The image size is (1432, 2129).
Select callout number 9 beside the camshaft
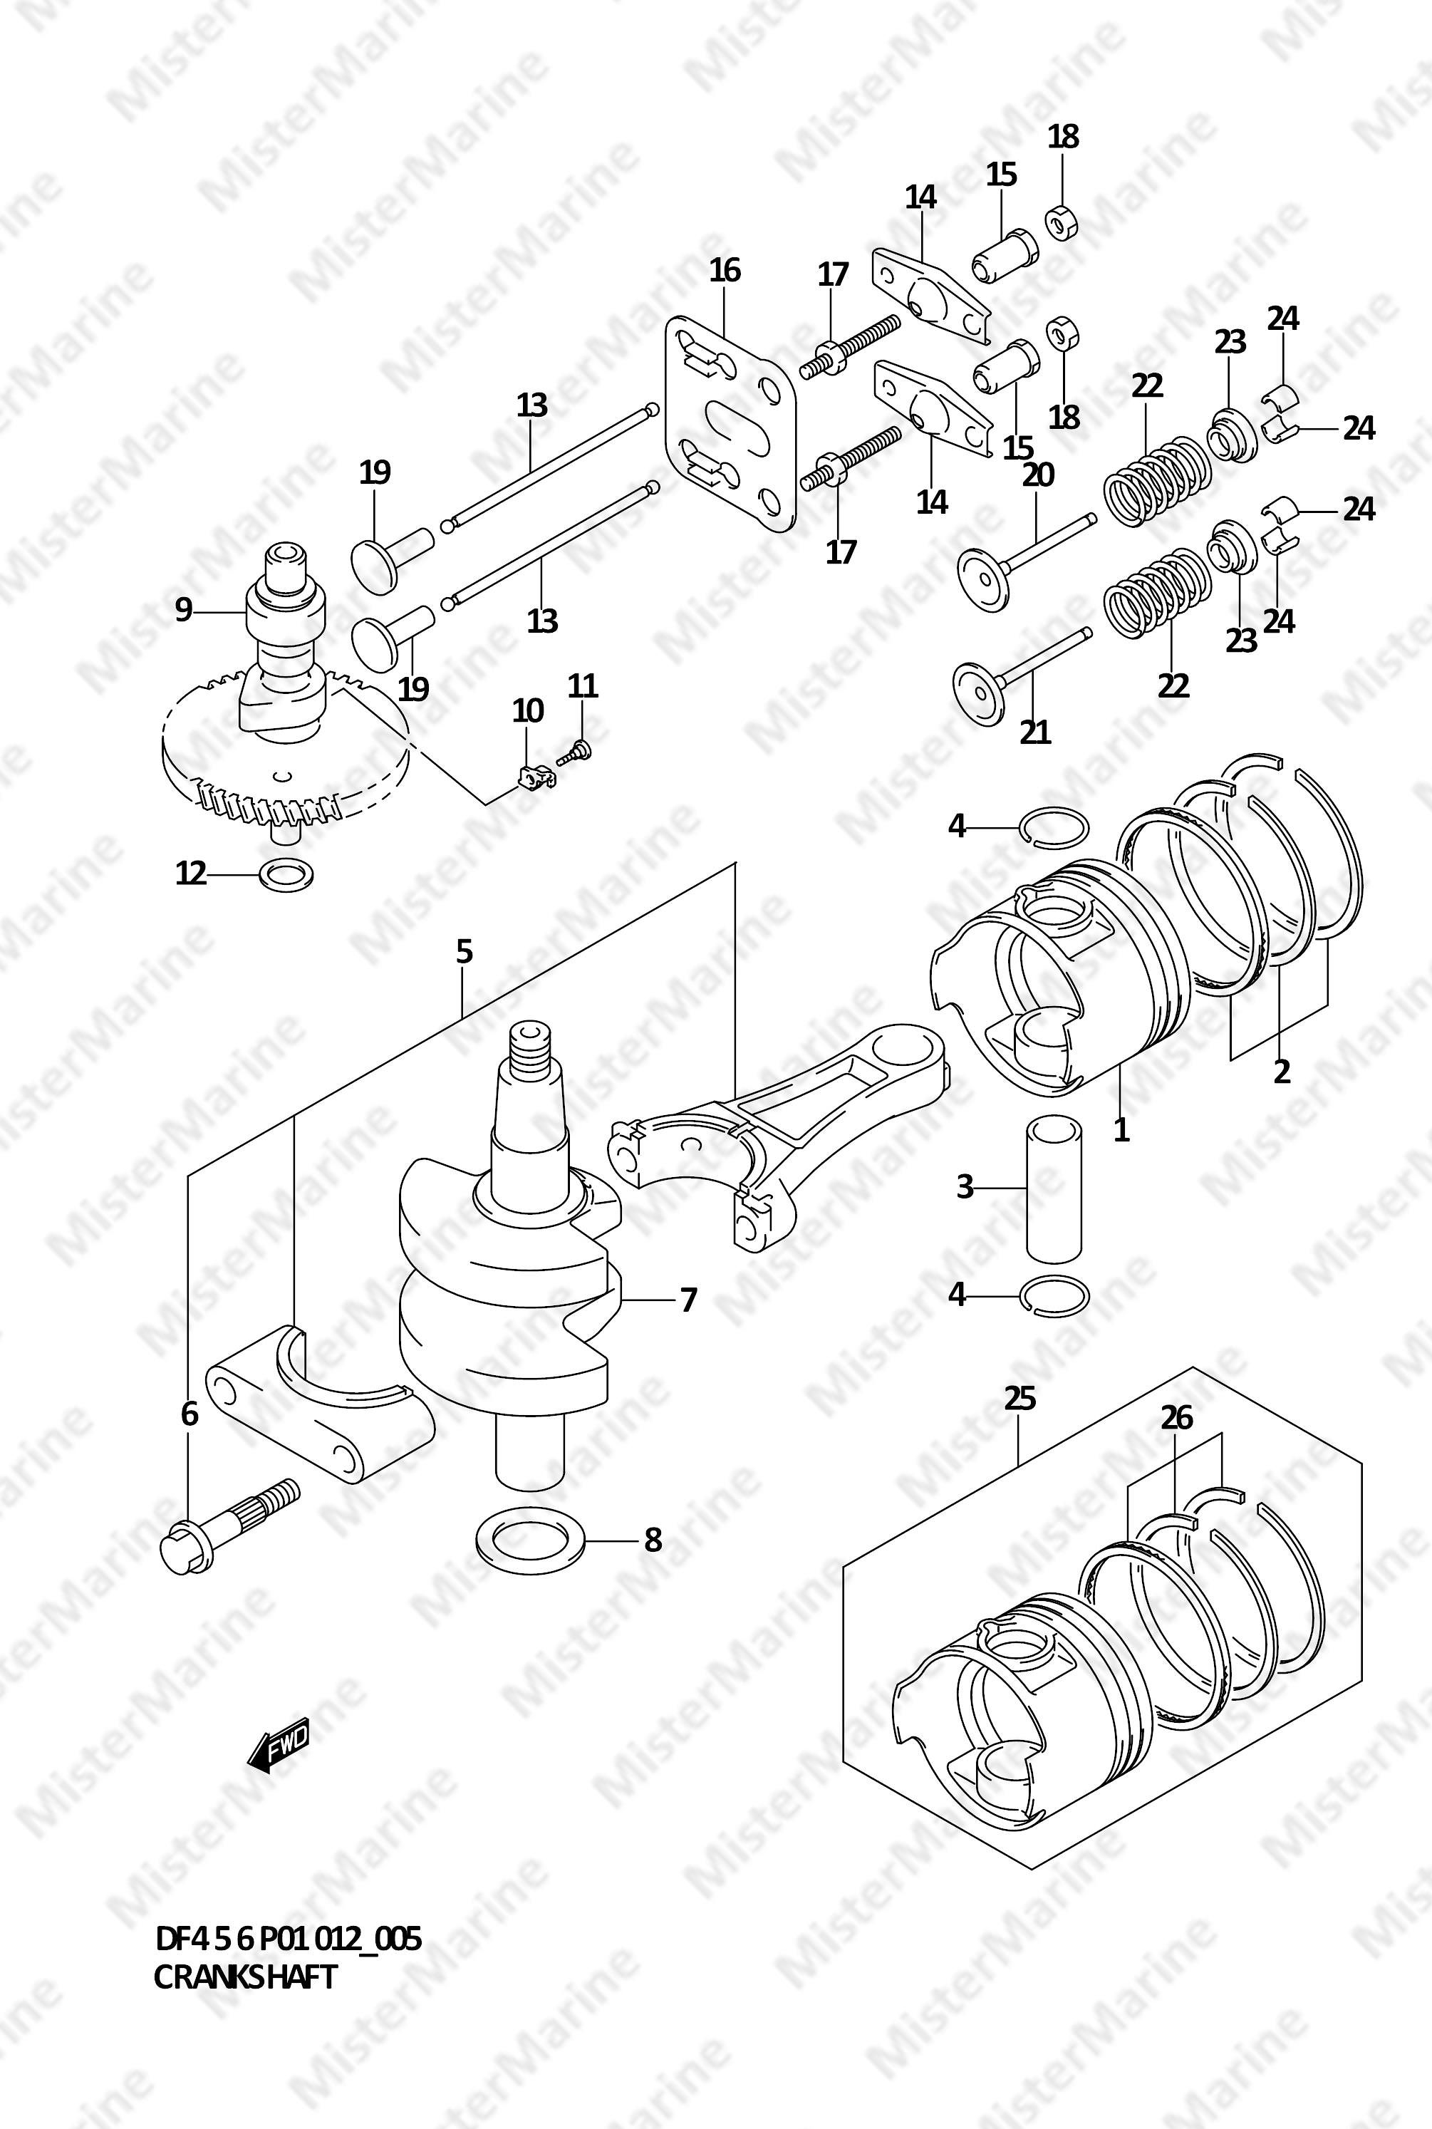tap(184, 609)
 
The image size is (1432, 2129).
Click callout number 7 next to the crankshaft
tap(689, 1299)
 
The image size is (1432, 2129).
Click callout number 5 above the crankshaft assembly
tap(464, 952)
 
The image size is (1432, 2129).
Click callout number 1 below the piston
tap(1121, 1131)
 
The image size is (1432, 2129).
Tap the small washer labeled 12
tap(288, 876)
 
